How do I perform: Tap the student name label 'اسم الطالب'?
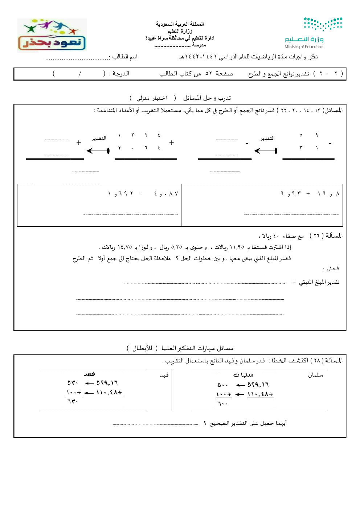pos(125,57)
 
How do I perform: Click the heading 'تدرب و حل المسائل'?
pos(207,98)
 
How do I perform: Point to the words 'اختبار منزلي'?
pos(152,98)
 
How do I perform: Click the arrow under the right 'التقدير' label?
pos(266,151)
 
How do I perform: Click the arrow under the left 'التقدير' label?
pos(98,151)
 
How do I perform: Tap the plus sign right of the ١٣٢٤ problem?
pos(172,143)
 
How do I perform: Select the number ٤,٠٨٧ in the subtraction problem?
pos(166,194)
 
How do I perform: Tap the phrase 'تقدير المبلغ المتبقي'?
pos(319,282)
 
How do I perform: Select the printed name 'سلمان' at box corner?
pos(315,375)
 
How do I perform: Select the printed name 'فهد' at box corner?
pos(164,375)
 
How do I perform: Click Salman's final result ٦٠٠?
pos(222,403)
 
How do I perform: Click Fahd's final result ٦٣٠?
pos(73,401)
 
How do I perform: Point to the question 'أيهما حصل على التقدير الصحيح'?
pos(248,423)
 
